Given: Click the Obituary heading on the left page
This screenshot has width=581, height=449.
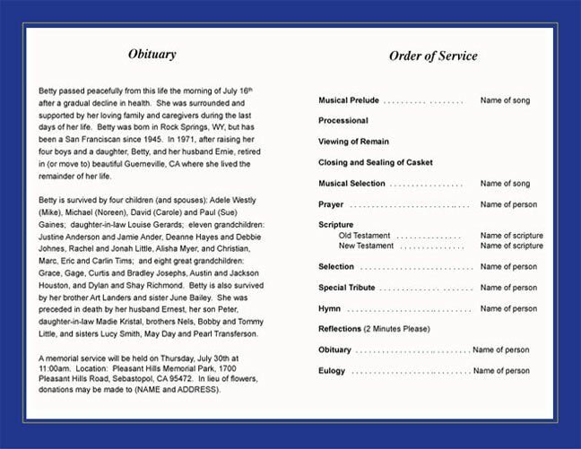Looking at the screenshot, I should [x=152, y=55].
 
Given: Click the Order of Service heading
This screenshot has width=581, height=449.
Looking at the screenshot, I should [x=433, y=56].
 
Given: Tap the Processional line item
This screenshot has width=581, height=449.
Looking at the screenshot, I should [x=343, y=121].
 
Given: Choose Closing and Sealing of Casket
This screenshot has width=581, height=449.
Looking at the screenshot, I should [x=376, y=162].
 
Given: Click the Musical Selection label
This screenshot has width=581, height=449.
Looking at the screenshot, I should [x=351, y=184].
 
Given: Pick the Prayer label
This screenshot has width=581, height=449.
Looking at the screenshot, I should [x=331, y=204].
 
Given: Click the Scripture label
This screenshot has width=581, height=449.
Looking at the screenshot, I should [x=336, y=225].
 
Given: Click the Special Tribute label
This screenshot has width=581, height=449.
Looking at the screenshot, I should [x=347, y=288].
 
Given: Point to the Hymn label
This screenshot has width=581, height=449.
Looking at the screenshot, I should [x=329, y=308].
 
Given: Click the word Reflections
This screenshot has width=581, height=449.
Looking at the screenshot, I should [x=340, y=329].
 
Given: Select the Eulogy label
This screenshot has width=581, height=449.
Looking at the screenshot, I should [x=332, y=370].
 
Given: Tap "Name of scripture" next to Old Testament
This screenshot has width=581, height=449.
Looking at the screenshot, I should [x=511, y=235].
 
